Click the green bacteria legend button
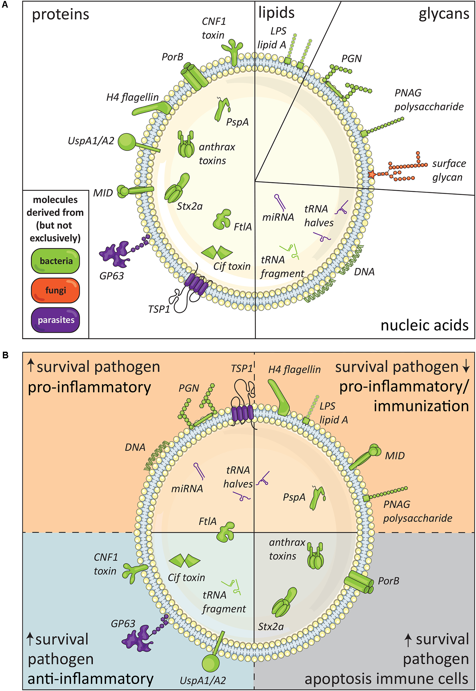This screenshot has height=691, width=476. point(55,261)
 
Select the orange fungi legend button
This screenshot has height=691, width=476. point(55,290)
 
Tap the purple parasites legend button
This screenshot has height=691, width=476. point(55,320)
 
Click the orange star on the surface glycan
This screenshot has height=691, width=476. point(372,174)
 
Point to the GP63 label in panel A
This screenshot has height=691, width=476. point(111,276)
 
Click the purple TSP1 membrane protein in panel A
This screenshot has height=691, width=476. point(196,284)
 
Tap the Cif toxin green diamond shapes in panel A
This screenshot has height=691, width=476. point(217,252)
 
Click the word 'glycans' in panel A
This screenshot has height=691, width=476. point(444,14)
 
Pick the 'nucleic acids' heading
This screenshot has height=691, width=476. point(424,325)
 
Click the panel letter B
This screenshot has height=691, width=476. point(5,355)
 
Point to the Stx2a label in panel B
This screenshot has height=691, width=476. point(271,627)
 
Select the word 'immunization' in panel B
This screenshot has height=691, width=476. point(421,406)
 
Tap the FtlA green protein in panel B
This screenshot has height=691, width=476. point(226,532)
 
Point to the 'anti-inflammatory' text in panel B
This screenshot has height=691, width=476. point(90,679)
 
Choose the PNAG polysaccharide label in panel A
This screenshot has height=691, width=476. point(428,100)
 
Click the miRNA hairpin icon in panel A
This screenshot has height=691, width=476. point(280,202)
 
